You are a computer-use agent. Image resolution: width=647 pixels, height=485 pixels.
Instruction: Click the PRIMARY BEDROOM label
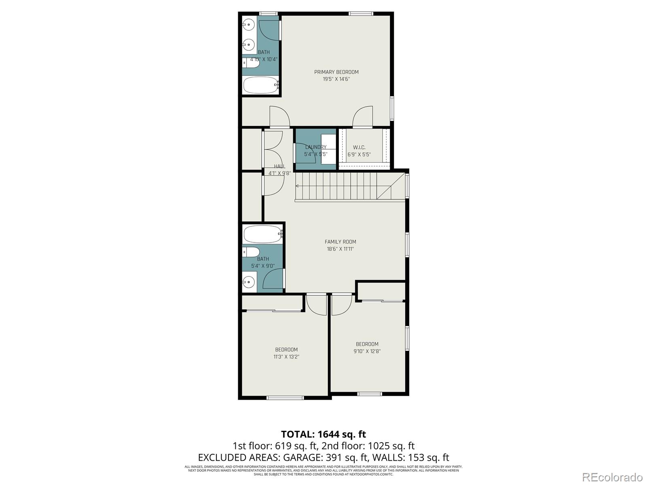[x=336, y=72]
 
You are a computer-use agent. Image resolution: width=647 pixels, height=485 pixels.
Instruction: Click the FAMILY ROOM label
[x=340, y=242]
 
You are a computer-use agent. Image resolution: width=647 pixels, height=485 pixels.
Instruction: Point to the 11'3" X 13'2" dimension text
[x=286, y=357]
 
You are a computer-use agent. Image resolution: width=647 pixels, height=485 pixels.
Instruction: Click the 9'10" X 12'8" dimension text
[x=367, y=351]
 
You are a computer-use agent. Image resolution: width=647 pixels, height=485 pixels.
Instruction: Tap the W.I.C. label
[x=359, y=147]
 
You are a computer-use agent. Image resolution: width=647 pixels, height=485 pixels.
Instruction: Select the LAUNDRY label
[x=315, y=147]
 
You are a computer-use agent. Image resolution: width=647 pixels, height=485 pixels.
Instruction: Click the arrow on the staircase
[x=298, y=186]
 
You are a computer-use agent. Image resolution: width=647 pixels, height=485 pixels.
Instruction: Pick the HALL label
[x=279, y=166]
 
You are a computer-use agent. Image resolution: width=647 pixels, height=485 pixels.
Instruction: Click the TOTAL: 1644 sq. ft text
[x=323, y=434]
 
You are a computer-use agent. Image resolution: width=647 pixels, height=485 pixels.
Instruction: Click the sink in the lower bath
[x=249, y=281]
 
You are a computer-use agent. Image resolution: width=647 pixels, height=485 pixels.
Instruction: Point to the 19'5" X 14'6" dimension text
[x=336, y=79]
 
